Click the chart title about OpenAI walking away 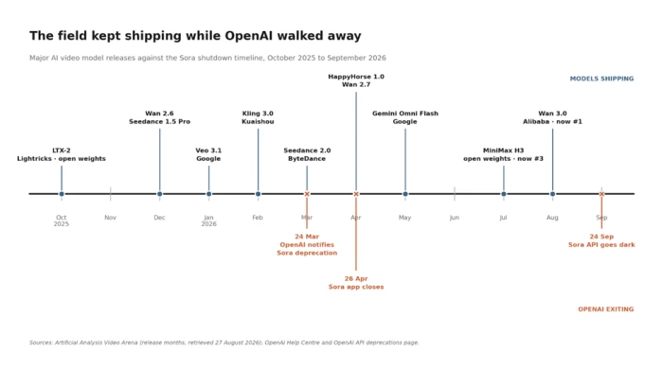(x=195, y=36)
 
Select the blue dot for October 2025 (x=62, y=194)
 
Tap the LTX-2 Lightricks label (x=62, y=154)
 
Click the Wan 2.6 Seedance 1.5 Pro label (x=159, y=117)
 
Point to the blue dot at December (x=159, y=194)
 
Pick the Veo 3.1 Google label (x=208, y=154)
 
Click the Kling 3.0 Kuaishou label (x=258, y=117)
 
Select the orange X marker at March (x=307, y=194)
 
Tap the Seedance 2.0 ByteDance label (x=307, y=154)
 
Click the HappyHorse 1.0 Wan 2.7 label (x=356, y=80)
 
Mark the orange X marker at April (x=356, y=194)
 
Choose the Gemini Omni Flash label (x=405, y=117)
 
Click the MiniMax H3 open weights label (x=503, y=154)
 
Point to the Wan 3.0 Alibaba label (x=552, y=117)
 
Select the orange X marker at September (x=601, y=194)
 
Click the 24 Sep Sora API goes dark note (x=601, y=240)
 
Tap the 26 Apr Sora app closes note (x=356, y=283)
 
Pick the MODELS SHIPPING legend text (x=601, y=79)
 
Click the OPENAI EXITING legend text (x=606, y=309)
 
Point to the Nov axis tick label (x=111, y=218)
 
